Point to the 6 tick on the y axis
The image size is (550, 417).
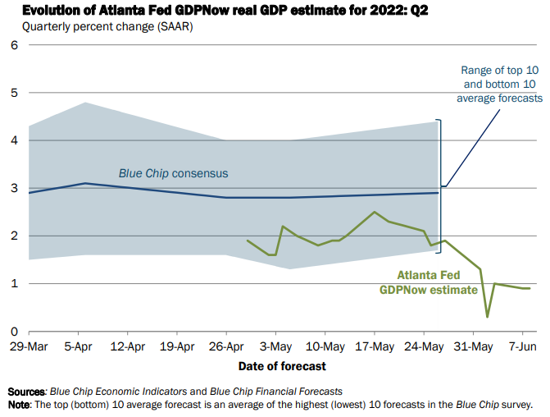pyautogui.click(x=13, y=44)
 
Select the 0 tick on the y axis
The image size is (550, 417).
pyautogui.click(x=13, y=331)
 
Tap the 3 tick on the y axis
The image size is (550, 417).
pyautogui.click(x=13, y=188)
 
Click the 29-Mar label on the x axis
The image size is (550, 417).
pyautogui.click(x=28, y=346)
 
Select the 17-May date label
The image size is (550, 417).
pyautogui.click(x=375, y=346)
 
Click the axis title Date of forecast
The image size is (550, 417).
pyautogui.click(x=282, y=365)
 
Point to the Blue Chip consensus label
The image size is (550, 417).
pyautogui.click(x=173, y=173)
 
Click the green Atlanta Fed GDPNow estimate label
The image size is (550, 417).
pyautogui.click(x=427, y=282)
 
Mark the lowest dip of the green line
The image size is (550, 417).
pyautogui.click(x=488, y=317)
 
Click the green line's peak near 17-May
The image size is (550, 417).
pyautogui.click(x=375, y=212)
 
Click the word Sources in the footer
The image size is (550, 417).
pyautogui.click(x=25, y=392)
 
